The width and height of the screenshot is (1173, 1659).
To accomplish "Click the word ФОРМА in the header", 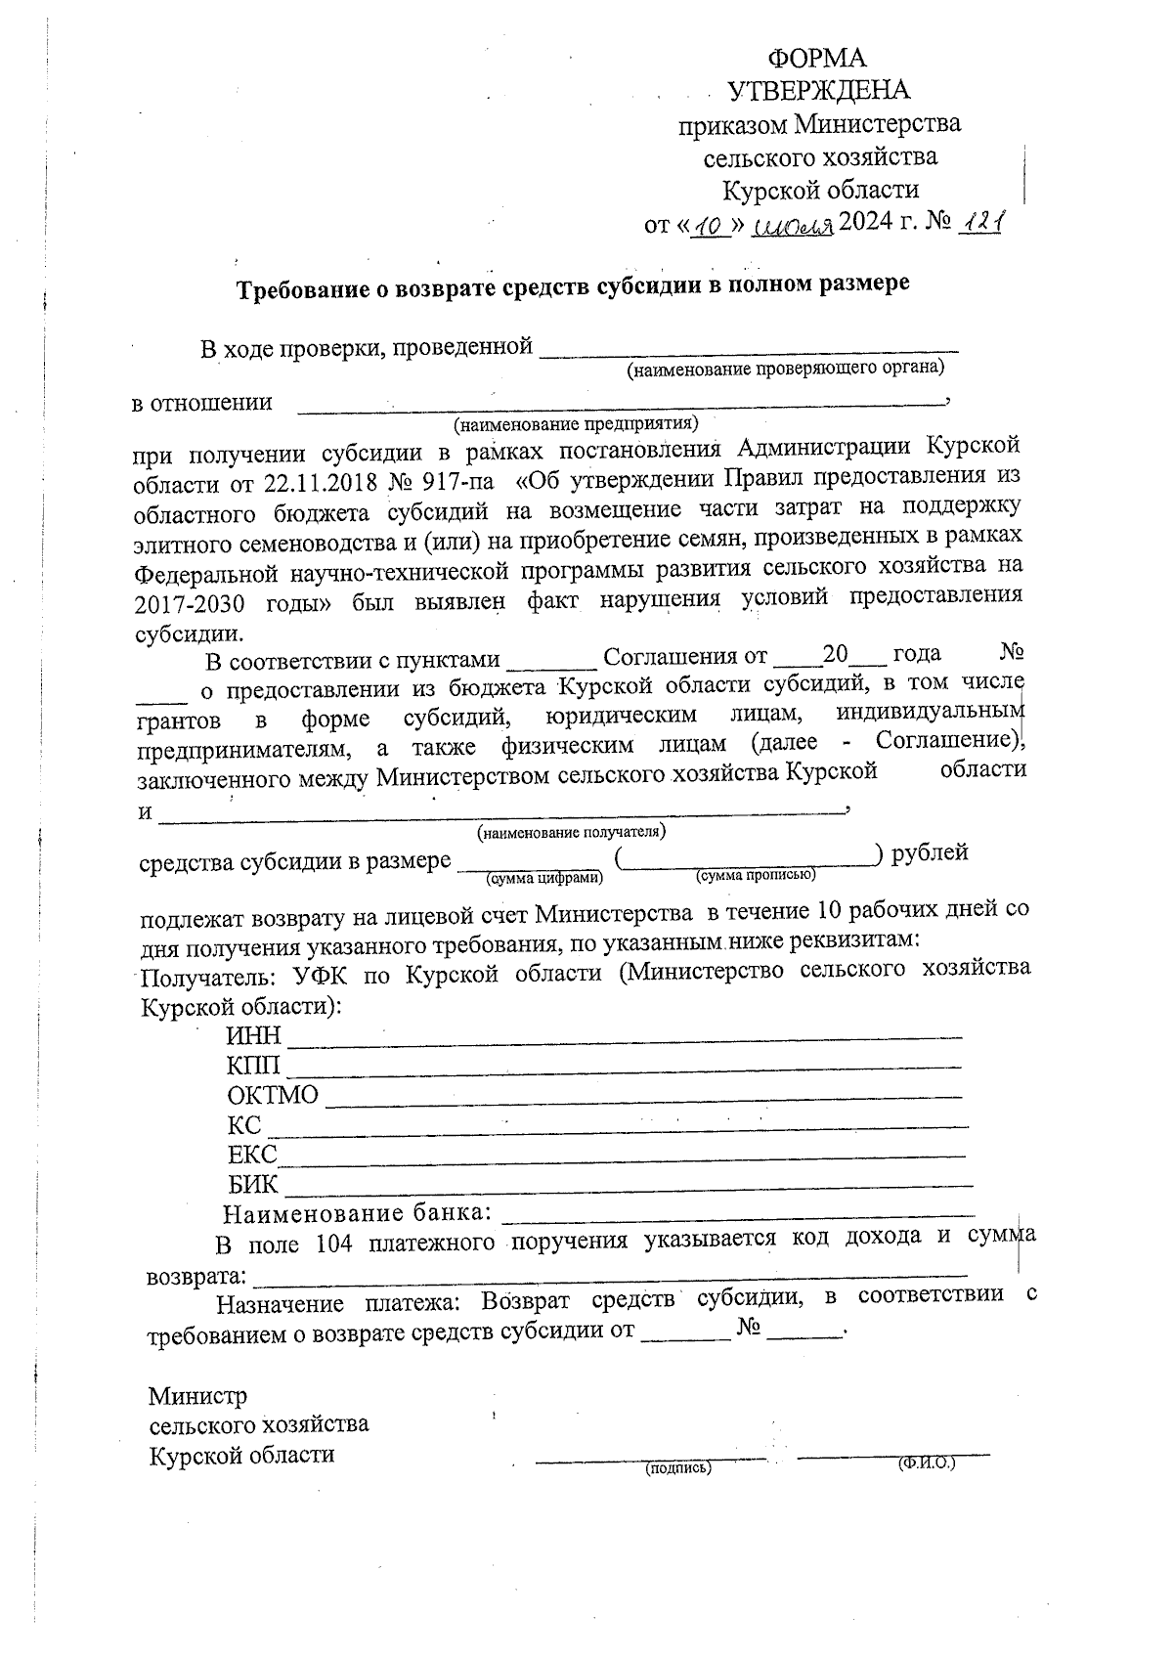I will tap(817, 58).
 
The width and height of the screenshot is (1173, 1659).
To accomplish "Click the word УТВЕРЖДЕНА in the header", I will tap(819, 91).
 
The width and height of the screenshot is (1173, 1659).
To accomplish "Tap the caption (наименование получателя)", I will tap(571, 832).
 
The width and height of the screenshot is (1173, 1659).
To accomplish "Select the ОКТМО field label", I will tap(273, 1095).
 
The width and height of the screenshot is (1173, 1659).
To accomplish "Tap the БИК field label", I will tap(253, 1185).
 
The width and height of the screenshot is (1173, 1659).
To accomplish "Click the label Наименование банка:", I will tap(357, 1215).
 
